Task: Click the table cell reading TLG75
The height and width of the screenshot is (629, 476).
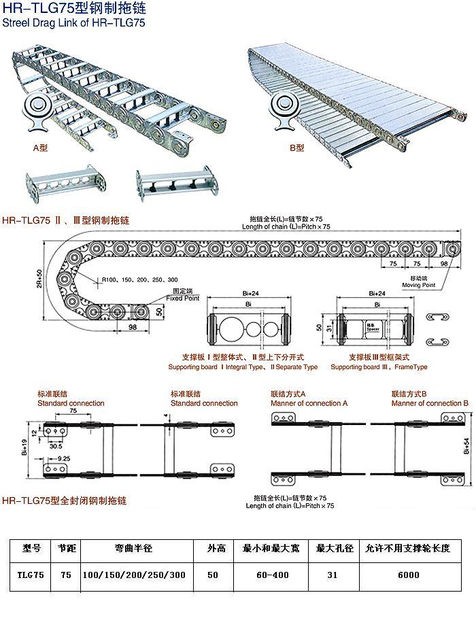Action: click(x=31, y=575)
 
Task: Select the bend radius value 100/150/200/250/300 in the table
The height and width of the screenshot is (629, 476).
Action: click(x=133, y=575)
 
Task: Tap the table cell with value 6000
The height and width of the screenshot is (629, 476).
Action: click(x=409, y=575)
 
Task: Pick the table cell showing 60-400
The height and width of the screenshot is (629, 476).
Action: click(x=271, y=575)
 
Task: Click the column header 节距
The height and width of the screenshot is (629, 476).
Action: click(x=66, y=548)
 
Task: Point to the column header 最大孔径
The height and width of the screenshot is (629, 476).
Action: click(x=332, y=548)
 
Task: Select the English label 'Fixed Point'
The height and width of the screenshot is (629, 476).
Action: click(x=183, y=298)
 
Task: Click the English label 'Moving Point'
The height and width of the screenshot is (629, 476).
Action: click(x=420, y=285)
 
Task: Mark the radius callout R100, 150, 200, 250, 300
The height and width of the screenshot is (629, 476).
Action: click(x=139, y=279)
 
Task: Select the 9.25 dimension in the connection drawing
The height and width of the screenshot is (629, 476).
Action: click(x=64, y=459)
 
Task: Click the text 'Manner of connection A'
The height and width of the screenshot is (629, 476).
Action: click(x=309, y=403)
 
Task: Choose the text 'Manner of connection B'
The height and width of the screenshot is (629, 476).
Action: click(x=430, y=403)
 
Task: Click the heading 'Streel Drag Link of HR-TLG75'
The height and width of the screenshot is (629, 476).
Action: click(x=74, y=23)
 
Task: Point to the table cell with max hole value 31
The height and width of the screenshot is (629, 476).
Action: click(x=332, y=575)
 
